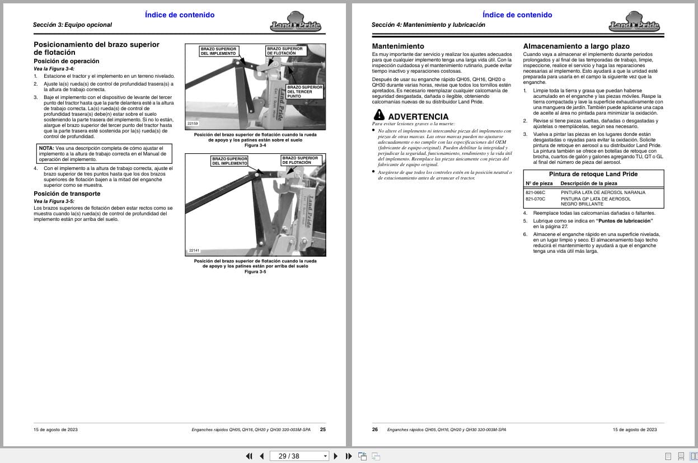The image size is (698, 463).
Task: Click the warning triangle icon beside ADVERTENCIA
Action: pos(379,115)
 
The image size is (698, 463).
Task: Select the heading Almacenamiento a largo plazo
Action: pos(576,46)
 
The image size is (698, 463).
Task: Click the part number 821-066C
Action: pos(535,192)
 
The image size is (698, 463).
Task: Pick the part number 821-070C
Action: pos(535,199)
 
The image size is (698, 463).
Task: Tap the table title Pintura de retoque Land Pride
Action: pos(593,174)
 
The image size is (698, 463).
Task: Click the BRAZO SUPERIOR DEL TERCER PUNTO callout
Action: pos(305,92)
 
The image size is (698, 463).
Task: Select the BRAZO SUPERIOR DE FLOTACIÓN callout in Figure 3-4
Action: pos(285,51)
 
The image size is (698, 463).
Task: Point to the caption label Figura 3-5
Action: pos(255,272)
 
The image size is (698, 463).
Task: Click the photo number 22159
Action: pos(193,124)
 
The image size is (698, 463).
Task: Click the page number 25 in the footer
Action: pos(322,429)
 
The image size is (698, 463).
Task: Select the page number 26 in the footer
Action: pos(375,429)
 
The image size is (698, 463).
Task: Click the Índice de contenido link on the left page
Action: pos(179,15)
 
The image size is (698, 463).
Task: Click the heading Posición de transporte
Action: pos(67,193)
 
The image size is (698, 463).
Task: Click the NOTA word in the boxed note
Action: pos(46,148)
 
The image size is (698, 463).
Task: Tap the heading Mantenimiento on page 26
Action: pos(398,46)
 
